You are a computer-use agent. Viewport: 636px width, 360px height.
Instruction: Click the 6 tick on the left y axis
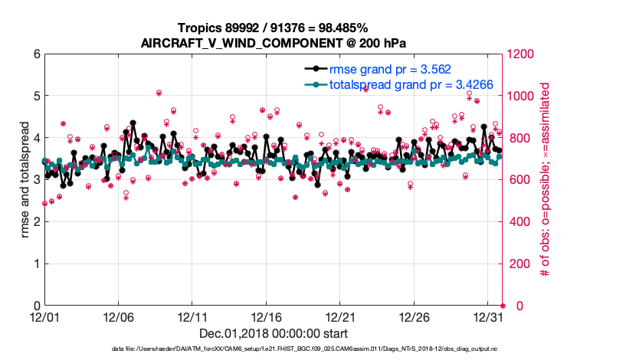35,54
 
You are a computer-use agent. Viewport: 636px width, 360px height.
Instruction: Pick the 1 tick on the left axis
35,263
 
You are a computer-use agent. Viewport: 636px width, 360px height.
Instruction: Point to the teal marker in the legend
313,84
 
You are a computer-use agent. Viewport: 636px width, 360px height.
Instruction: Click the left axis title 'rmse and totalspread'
25,180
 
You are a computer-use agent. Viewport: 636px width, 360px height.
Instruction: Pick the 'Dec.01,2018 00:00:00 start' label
274,333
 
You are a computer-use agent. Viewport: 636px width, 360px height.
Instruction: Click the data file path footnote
304,349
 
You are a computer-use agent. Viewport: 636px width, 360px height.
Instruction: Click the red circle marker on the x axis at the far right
503,306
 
